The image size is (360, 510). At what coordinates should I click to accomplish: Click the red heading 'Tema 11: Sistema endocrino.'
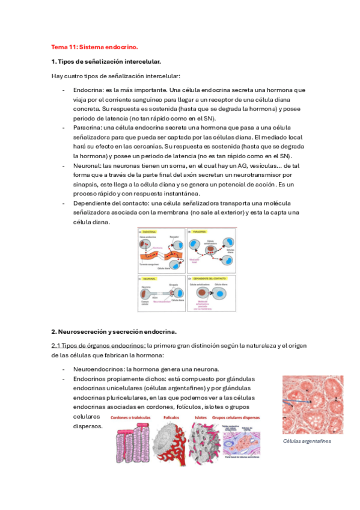pos(94,46)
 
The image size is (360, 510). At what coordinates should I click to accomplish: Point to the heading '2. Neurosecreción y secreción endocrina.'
pos(113,331)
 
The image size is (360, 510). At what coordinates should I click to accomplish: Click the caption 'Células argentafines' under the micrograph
pos(307,441)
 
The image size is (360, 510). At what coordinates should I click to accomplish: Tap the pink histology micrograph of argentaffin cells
pos(313,404)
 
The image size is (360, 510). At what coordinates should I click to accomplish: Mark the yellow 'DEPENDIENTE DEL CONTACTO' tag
pos(210,279)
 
